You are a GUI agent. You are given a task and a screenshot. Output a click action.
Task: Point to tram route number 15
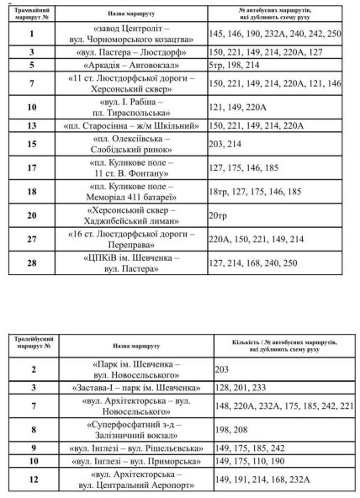pyautogui.click(x=32, y=144)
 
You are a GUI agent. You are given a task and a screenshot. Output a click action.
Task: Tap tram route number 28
pyautogui.click(x=32, y=263)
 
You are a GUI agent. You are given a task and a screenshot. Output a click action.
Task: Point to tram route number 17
pyautogui.click(x=32, y=167)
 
